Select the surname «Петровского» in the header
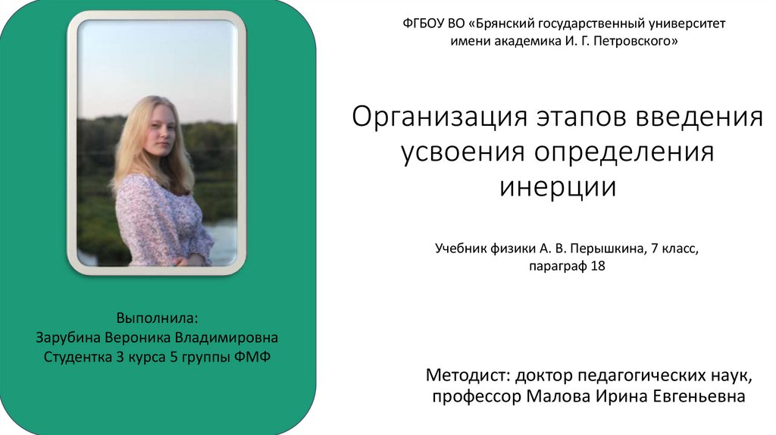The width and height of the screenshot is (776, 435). [636, 43]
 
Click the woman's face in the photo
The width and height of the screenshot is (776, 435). [161, 132]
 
